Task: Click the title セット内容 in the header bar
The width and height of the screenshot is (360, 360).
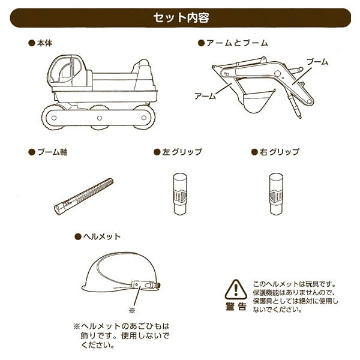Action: pos(180,17)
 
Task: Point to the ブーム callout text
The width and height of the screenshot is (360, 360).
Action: pos(317,62)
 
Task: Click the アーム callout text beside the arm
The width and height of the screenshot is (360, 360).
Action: pos(205,95)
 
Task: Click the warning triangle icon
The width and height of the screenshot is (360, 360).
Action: pos(236,289)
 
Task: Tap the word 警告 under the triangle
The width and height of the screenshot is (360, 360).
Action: pos(236,307)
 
